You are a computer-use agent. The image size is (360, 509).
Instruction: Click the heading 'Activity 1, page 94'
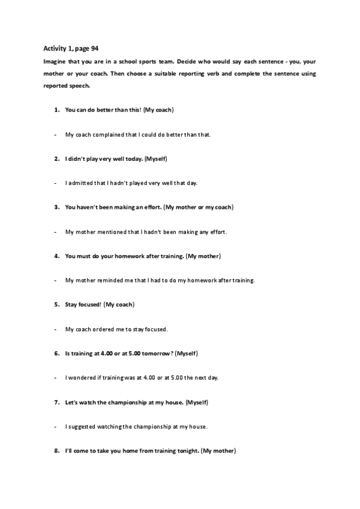[71, 48]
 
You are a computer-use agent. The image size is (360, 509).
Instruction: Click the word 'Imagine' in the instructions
[54, 61]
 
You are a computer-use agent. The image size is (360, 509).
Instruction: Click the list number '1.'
[56, 110]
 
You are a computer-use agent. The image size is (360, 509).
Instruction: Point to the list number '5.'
[56, 305]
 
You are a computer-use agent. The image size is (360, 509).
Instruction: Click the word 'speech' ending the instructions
[79, 85]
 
